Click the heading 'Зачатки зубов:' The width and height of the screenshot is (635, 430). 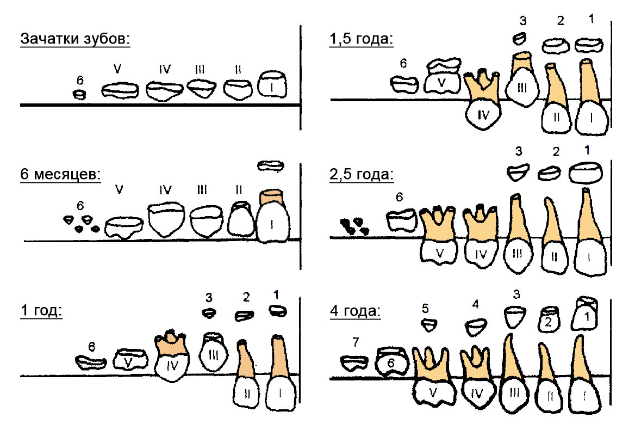(x=76, y=39)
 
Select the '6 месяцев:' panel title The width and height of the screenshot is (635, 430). (x=60, y=174)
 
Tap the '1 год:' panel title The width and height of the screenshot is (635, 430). (x=41, y=310)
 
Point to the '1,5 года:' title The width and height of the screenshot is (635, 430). (x=361, y=39)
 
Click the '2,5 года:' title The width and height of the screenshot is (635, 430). (x=362, y=174)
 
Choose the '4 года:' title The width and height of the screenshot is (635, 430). (x=355, y=311)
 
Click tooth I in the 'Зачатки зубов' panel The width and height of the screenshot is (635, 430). (x=272, y=84)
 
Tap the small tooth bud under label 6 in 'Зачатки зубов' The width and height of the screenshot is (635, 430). (x=80, y=95)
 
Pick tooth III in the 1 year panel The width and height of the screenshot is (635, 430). (x=213, y=352)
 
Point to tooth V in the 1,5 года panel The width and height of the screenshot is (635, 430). (x=443, y=76)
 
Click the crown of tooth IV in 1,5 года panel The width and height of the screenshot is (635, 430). (x=483, y=115)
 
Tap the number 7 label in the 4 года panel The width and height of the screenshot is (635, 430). (x=356, y=342)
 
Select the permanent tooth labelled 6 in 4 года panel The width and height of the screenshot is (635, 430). (x=391, y=361)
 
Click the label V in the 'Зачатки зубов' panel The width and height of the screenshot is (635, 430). (x=117, y=69)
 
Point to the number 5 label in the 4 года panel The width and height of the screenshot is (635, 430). (x=425, y=309)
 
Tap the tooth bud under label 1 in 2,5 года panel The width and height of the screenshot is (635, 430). (x=586, y=173)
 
